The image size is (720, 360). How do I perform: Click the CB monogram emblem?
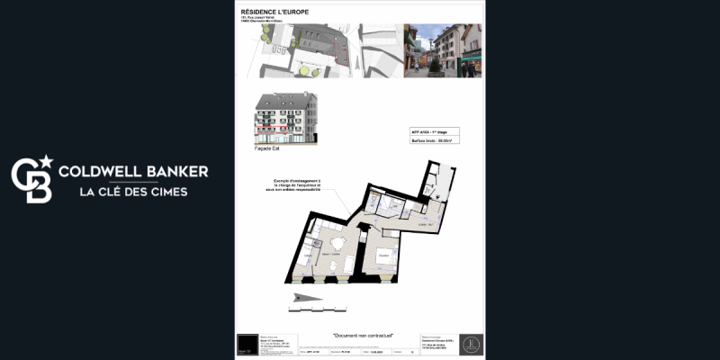click(31, 181)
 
